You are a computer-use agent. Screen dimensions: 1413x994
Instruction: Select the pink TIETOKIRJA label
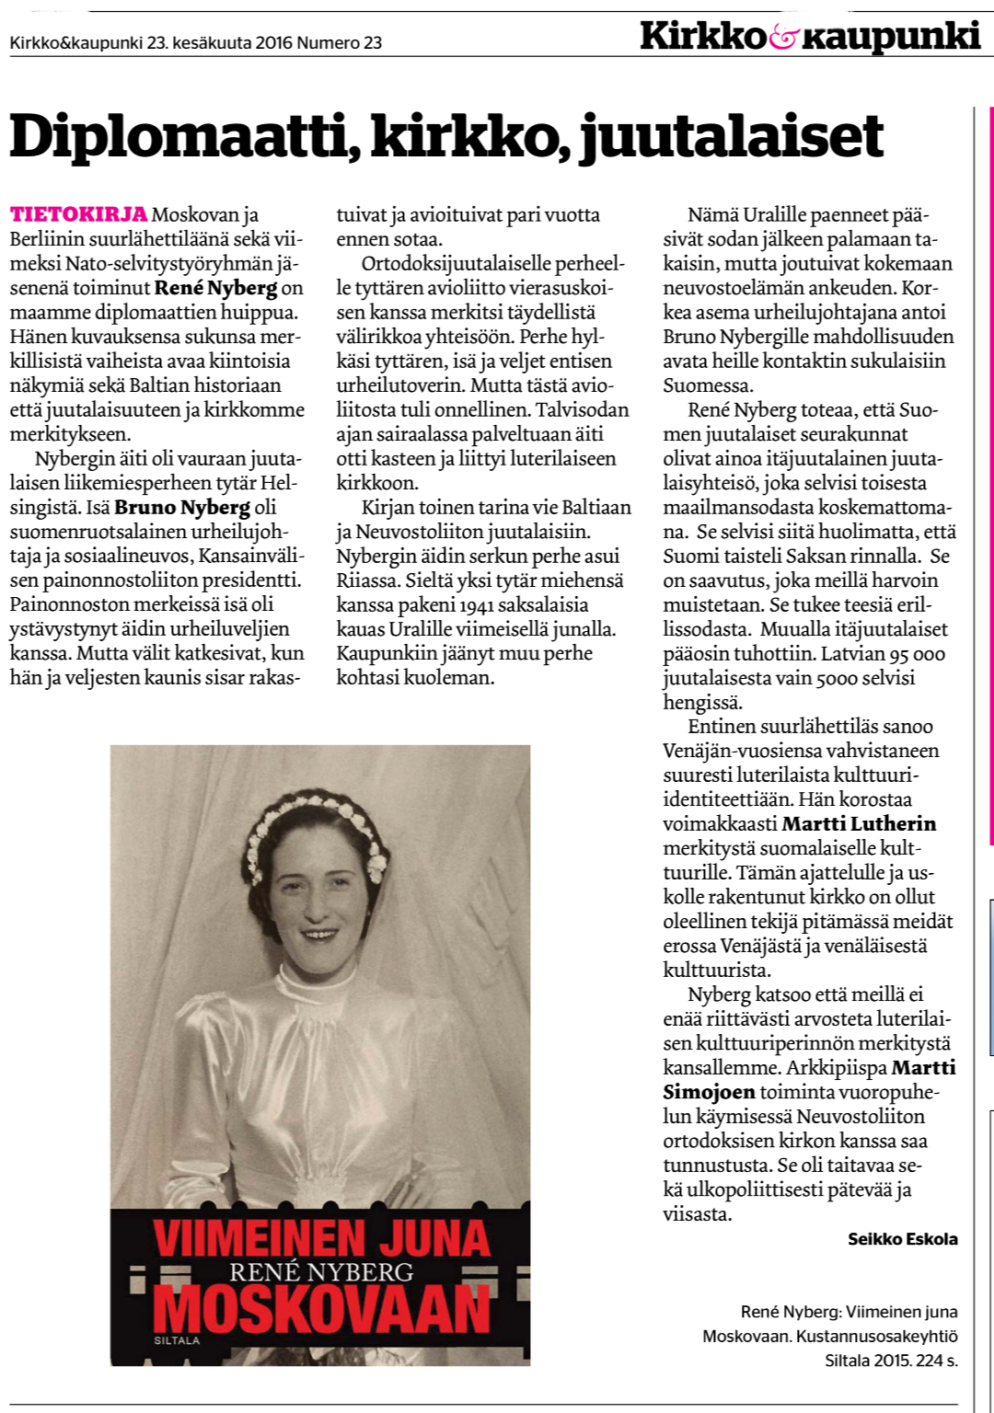pyautogui.click(x=78, y=214)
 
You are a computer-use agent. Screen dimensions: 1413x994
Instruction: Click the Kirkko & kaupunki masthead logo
pyautogui.click(x=810, y=37)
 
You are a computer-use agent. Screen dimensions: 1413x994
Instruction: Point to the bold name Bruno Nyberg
pyautogui.click(x=182, y=507)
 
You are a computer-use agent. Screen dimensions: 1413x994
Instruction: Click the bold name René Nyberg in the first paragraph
pyautogui.click(x=215, y=288)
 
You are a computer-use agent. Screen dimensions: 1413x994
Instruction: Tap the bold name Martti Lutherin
pyautogui.click(x=859, y=823)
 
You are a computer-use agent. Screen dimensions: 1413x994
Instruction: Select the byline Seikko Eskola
pyautogui.click(x=902, y=1239)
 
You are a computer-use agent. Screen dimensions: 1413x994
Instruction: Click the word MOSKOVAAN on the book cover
pyautogui.click(x=322, y=1310)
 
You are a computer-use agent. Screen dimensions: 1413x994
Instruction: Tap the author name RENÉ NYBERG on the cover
pyautogui.click(x=321, y=1272)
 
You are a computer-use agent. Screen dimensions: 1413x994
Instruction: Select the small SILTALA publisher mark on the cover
pyautogui.click(x=177, y=1340)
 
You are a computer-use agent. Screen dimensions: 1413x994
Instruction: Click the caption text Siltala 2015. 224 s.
pyautogui.click(x=891, y=1360)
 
